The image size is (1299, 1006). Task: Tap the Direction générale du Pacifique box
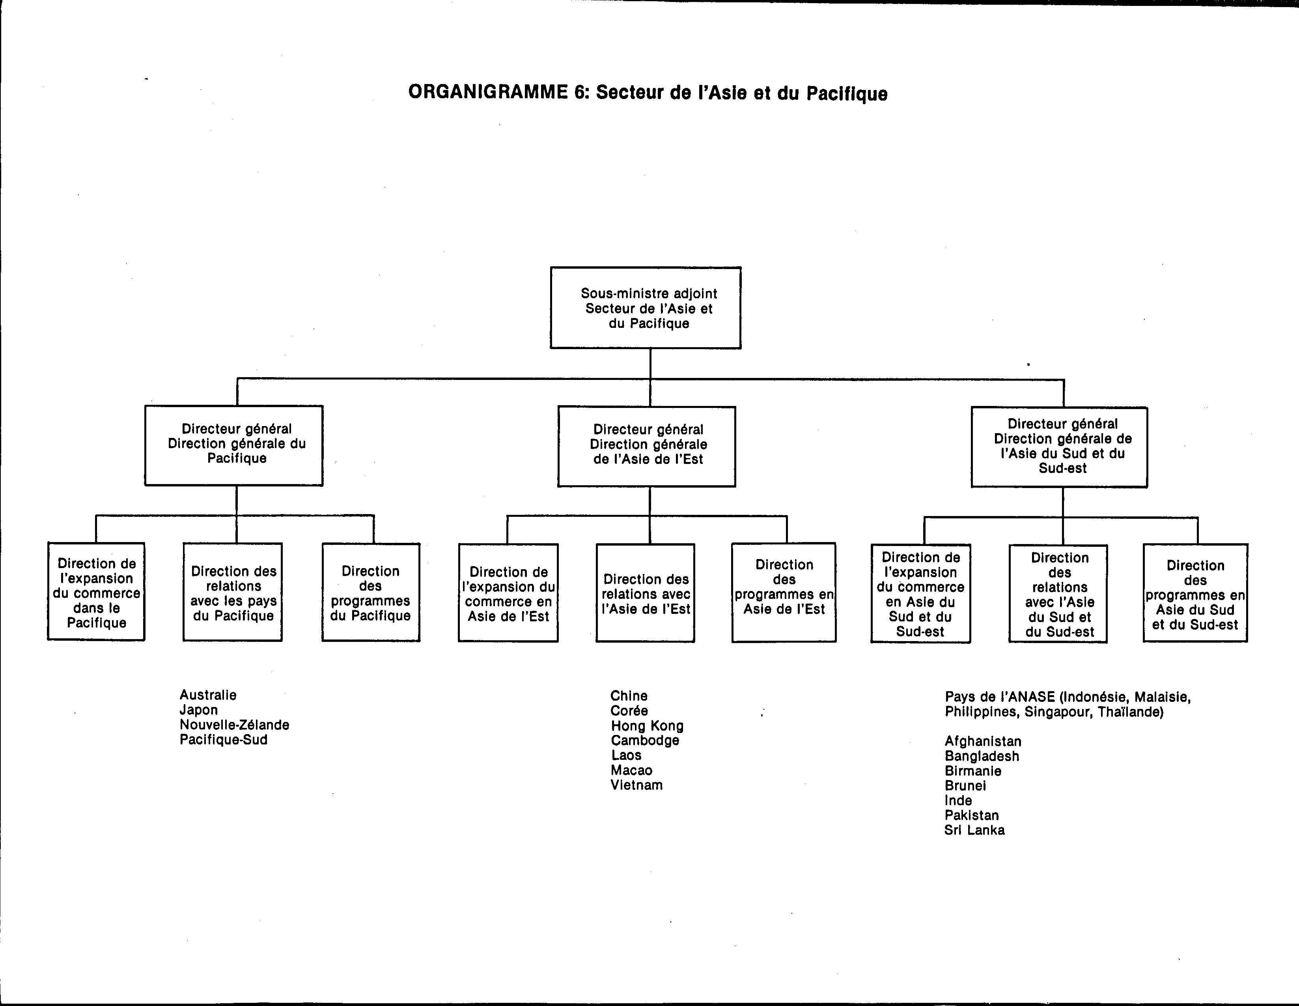(x=234, y=445)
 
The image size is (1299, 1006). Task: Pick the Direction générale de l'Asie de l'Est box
(x=646, y=447)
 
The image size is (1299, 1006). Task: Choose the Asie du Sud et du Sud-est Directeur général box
(x=1059, y=447)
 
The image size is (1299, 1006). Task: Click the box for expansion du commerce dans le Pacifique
(x=96, y=591)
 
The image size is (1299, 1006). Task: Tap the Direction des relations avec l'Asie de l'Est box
(x=645, y=593)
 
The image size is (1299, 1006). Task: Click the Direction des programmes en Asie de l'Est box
(x=784, y=593)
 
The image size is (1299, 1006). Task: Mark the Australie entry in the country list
(x=208, y=695)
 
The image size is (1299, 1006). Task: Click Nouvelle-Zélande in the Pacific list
(x=234, y=725)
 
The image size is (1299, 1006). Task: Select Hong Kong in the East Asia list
(x=647, y=726)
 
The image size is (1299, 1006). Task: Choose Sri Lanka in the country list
(x=974, y=830)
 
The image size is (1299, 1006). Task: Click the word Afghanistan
(x=983, y=741)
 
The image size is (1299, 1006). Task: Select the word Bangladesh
(x=982, y=756)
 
